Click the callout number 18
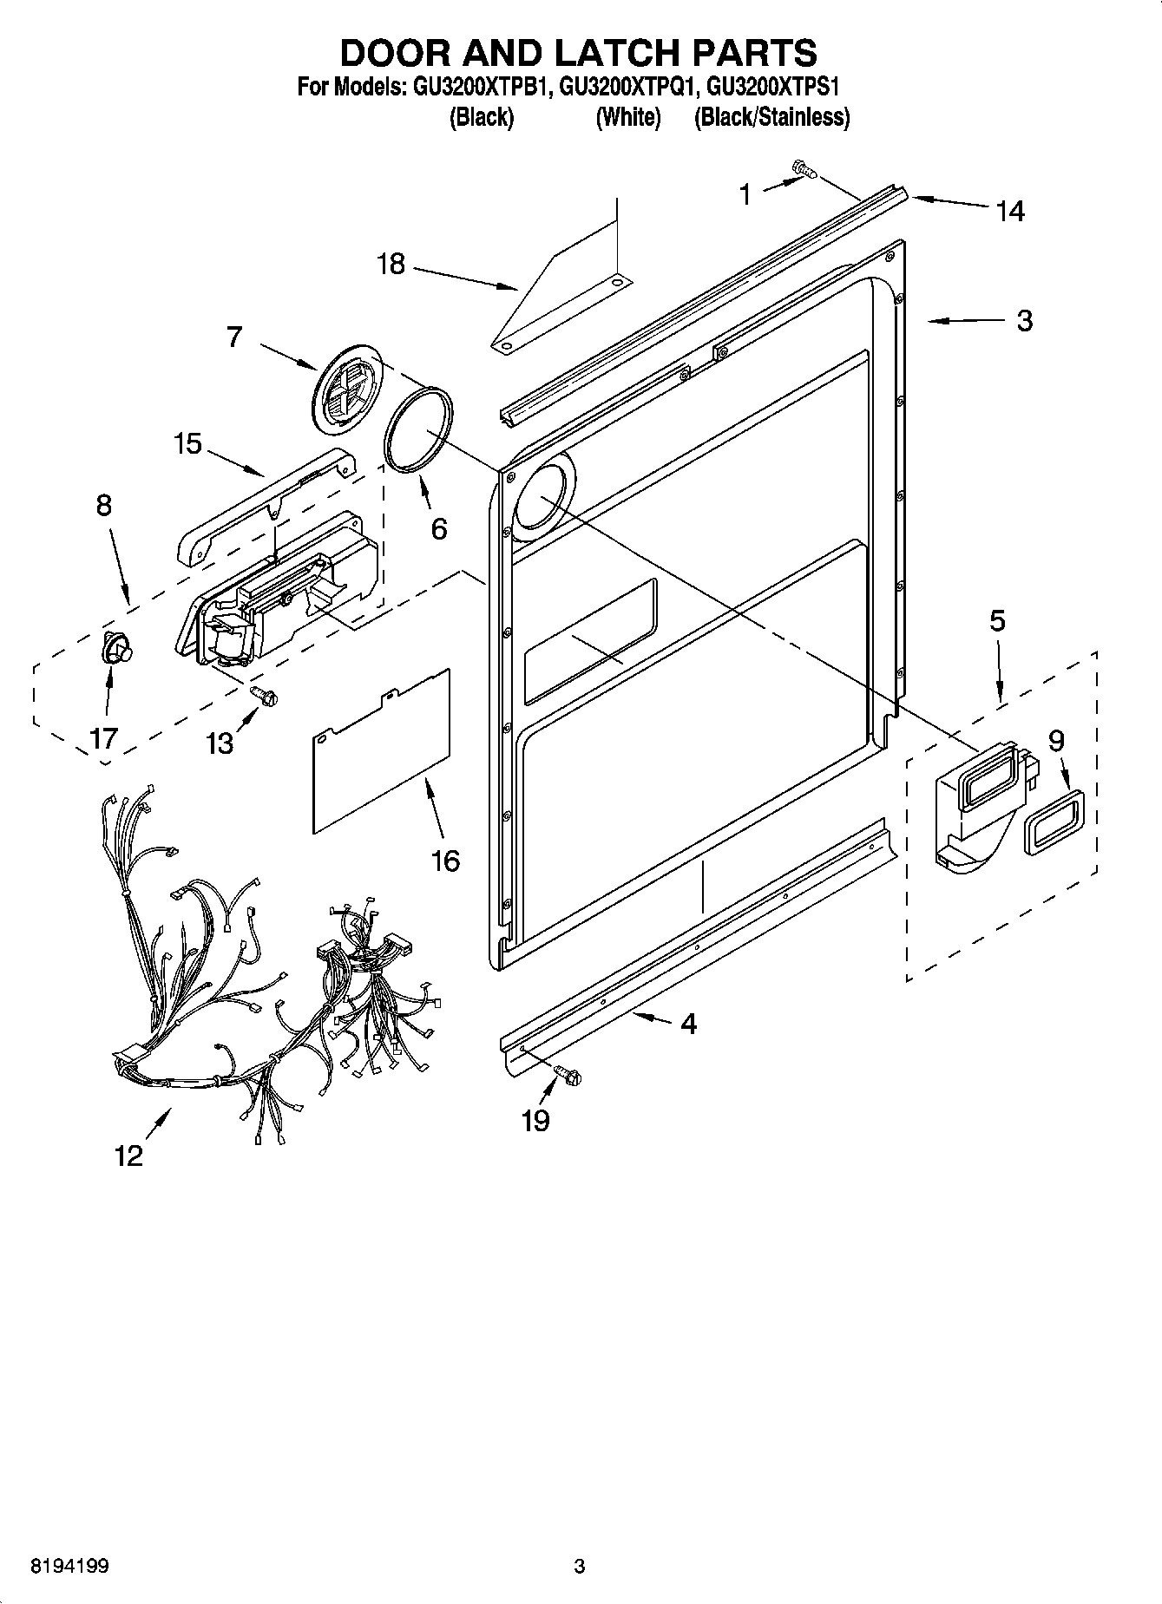(x=391, y=264)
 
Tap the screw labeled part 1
(x=804, y=171)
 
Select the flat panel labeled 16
(x=382, y=750)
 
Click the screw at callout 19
(x=568, y=1076)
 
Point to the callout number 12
(x=128, y=1156)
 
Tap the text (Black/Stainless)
(x=771, y=117)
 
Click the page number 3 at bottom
(x=580, y=1567)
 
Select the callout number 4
(x=688, y=1024)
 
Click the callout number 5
(x=997, y=621)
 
